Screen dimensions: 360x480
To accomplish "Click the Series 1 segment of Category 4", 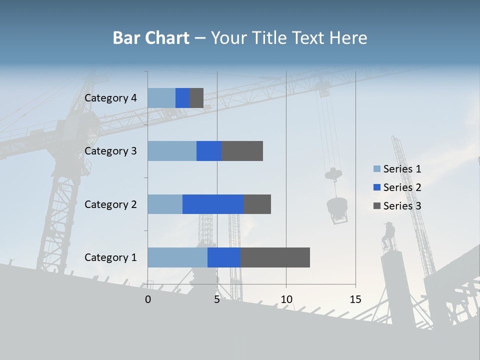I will pos(161,98).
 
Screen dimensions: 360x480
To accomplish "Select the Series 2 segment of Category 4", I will pos(182,98).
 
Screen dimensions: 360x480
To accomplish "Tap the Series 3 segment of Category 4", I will pos(196,98).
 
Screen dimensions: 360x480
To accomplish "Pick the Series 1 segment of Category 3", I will pos(172,151).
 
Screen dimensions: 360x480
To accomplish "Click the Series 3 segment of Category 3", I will pos(242,151).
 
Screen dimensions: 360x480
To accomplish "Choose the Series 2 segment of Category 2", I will pos(213,204).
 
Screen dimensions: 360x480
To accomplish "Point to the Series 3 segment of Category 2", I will pos(257,204).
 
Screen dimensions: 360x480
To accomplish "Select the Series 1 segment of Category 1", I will pos(177,257).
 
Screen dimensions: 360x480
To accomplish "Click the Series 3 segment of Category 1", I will pos(275,257).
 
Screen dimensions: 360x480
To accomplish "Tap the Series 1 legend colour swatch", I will pos(377,169).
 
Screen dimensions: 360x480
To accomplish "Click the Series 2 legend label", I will pos(402,187).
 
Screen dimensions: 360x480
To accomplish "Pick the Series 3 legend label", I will pos(402,206).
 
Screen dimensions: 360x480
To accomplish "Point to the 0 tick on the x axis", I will pos(148,299).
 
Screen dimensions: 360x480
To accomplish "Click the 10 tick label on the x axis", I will pos(286,299).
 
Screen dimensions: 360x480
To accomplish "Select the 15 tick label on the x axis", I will pos(355,299).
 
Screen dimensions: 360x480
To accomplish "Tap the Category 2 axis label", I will pos(110,204).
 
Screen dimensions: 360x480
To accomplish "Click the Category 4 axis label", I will pos(110,98).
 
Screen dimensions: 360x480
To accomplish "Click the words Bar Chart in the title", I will pos(151,38).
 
